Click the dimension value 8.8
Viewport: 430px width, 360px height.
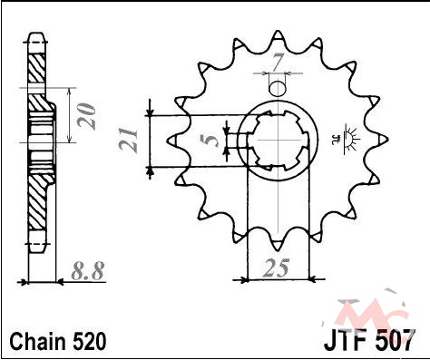coord(88,270)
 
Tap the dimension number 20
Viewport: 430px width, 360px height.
coord(86,116)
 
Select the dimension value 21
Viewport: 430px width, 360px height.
coord(128,140)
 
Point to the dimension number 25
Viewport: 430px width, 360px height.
coord(276,268)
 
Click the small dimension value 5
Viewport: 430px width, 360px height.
coord(210,141)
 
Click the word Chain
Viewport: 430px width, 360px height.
coord(38,342)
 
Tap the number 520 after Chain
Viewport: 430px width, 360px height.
coord(90,342)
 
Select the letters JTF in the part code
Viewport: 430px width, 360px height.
coord(347,340)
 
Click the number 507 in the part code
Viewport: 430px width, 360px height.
coord(394,340)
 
